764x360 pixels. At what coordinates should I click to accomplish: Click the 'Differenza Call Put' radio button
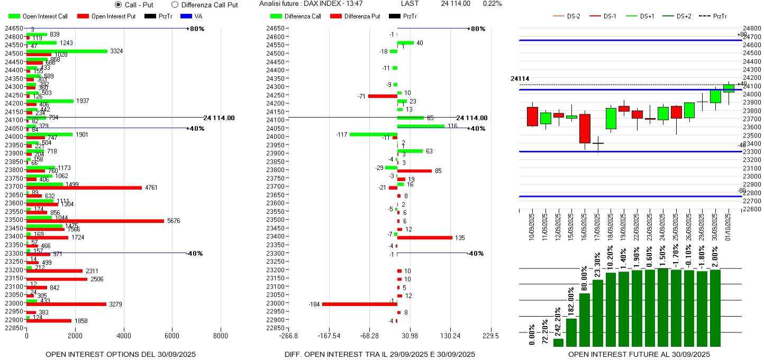pos(175,5)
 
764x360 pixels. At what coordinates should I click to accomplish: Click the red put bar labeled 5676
pos(95,221)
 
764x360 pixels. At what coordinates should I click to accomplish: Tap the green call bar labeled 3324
pos(67,51)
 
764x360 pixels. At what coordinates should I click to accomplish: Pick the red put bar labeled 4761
pos(84,187)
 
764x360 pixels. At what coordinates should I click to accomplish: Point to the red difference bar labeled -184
pos(360,304)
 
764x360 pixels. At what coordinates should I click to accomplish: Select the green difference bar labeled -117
pos(374,134)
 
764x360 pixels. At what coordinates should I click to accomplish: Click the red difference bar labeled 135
pos(425,238)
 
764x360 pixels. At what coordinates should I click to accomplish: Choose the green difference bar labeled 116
pos(421,126)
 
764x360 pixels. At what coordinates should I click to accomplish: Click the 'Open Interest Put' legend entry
pos(106,16)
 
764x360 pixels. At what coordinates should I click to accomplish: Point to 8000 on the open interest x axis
pos(221,336)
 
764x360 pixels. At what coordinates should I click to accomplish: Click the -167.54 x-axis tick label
pos(329,336)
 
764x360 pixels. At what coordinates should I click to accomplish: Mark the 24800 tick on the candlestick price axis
pos(752,28)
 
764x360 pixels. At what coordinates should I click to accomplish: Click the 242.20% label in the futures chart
pos(558,320)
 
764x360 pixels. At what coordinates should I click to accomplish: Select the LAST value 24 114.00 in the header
pos(456,4)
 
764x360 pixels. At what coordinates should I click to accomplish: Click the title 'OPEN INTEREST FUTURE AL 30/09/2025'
pos(639,354)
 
